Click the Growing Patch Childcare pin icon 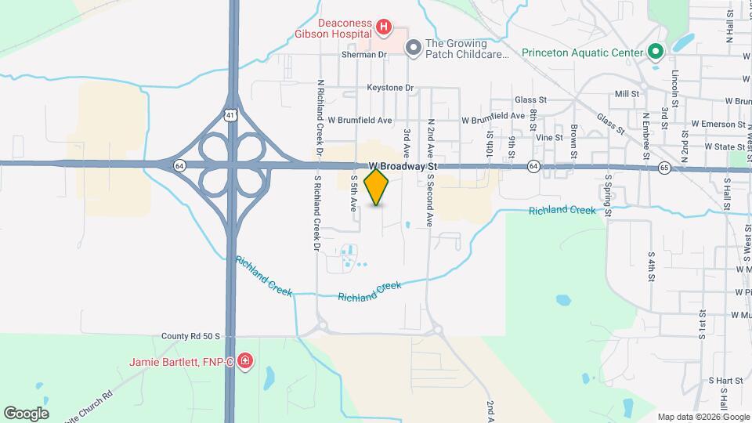click(412, 49)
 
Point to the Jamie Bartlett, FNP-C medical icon click(246, 361)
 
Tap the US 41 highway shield click(230, 115)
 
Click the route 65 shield click(665, 167)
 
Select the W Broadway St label click(403, 167)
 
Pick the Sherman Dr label click(364, 55)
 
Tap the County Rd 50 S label click(191, 335)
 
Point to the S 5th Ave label click(353, 193)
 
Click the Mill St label click(627, 93)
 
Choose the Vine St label click(550, 137)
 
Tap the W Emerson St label click(719, 125)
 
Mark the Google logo click(26, 413)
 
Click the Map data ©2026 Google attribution click(703, 417)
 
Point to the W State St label click(725, 146)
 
